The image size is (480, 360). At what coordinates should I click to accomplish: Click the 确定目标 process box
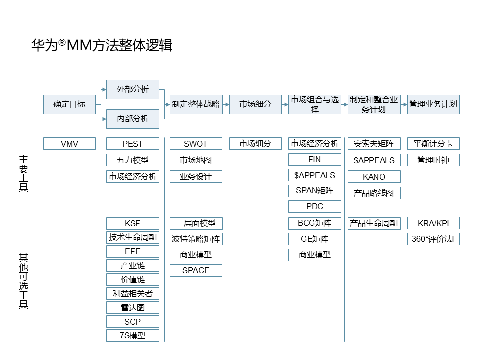[x=69, y=104]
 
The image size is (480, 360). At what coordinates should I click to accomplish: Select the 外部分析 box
[x=132, y=89]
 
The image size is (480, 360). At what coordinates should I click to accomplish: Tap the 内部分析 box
[x=132, y=119]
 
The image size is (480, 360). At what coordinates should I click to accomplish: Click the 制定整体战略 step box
[x=196, y=104]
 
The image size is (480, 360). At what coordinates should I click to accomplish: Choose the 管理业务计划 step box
[x=433, y=104]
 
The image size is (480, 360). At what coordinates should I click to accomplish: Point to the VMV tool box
[x=69, y=144]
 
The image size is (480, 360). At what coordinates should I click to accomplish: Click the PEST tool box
[x=132, y=144]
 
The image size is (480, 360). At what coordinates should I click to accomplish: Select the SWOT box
[x=196, y=144]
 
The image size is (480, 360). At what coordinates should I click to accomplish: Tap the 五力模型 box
[x=132, y=160]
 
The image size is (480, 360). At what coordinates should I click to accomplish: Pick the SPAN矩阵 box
[x=314, y=191]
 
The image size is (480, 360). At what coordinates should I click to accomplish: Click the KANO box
[x=374, y=177]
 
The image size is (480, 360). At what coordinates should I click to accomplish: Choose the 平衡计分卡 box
[x=433, y=144]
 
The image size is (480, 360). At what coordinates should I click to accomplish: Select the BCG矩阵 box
[x=314, y=223]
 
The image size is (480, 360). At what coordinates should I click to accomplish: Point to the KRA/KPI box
[x=433, y=223]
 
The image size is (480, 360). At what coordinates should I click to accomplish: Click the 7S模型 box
[x=132, y=335]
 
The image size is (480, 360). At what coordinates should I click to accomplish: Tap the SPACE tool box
[x=196, y=270]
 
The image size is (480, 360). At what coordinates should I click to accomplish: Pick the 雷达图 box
[x=132, y=308]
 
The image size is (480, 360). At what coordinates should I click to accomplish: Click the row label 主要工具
[x=23, y=173]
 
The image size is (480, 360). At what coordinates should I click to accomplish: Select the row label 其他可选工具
[x=23, y=281]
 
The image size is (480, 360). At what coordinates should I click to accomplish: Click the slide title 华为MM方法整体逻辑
[x=102, y=45]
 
